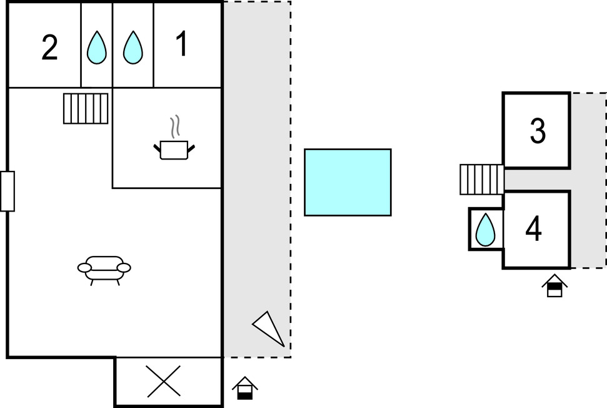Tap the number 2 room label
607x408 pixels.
click(49, 48)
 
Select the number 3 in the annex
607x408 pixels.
click(538, 131)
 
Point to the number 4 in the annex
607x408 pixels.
click(533, 228)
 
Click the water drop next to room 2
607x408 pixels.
click(96, 48)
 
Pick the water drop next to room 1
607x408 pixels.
click(133, 48)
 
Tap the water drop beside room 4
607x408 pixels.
click(485, 230)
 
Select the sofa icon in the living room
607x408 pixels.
click(104, 270)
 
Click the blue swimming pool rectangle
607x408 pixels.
click(348, 182)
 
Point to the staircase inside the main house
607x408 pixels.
click(86, 108)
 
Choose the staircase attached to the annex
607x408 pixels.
click(482, 180)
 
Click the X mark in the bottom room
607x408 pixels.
click(164, 381)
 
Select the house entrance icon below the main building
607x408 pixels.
click(244, 388)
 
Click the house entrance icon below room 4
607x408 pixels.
click(554, 285)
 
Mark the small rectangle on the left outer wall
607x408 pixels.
click(8, 191)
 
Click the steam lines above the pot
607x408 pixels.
click(175, 126)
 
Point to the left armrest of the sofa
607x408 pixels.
click(84, 268)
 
